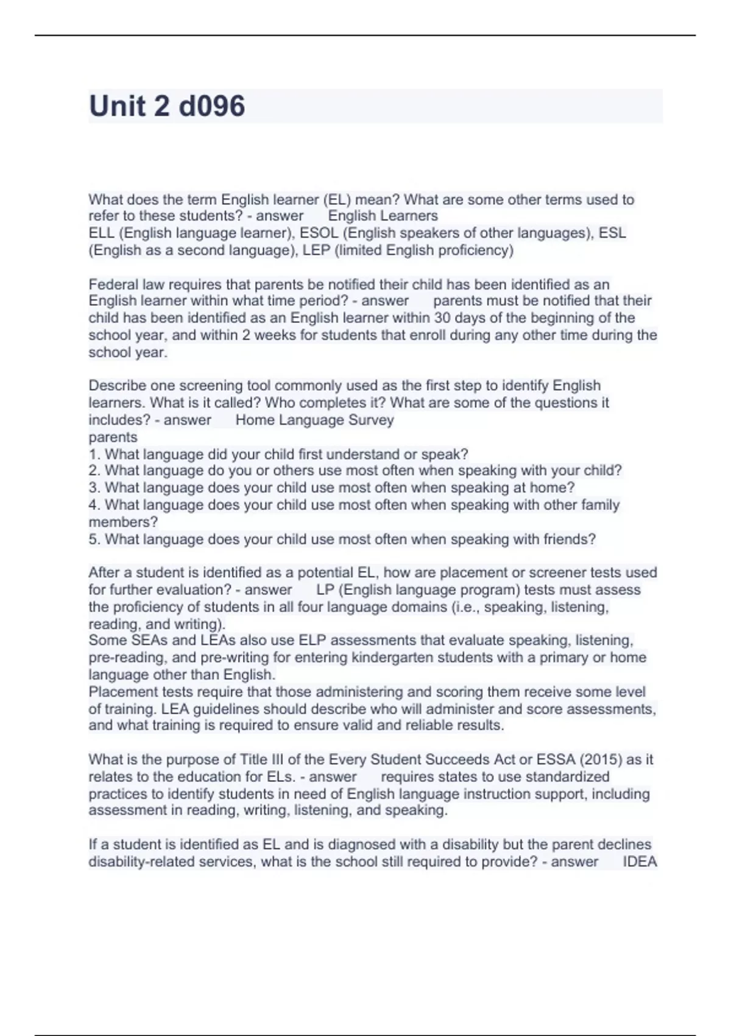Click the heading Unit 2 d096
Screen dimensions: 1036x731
click(x=167, y=106)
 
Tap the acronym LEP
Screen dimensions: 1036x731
click(x=316, y=250)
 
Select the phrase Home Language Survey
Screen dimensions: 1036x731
click(x=314, y=420)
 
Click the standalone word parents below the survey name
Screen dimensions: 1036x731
click(x=113, y=437)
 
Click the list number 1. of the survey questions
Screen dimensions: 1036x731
click(x=94, y=454)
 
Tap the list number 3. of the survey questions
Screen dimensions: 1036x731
click(x=94, y=488)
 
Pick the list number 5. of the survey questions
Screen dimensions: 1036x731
click(x=94, y=539)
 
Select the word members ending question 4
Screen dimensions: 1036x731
click(x=122, y=522)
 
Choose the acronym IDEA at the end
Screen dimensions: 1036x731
click(x=640, y=862)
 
